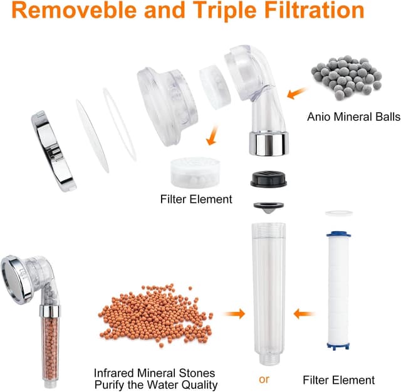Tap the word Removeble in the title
click(x=75, y=10)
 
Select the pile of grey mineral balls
click(x=346, y=78)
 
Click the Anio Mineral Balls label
click(x=353, y=116)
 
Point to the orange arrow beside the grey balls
click(x=296, y=93)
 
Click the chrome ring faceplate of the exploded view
click(x=54, y=151)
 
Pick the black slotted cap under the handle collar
click(x=269, y=179)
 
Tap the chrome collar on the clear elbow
click(x=269, y=144)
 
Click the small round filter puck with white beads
click(x=195, y=173)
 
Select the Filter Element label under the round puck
click(x=196, y=199)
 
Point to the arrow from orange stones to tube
click(x=235, y=314)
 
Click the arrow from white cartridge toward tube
click(x=304, y=314)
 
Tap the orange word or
click(x=264, y=379)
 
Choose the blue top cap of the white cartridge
click(x=338, y=234)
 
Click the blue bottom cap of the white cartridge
click(x=338, y=346)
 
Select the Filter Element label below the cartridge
click(x=338, y=380)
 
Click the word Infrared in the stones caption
click(x=114, y=373)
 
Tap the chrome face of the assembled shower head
click(x=16, y=281)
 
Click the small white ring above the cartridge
click(x=339, y=213)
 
